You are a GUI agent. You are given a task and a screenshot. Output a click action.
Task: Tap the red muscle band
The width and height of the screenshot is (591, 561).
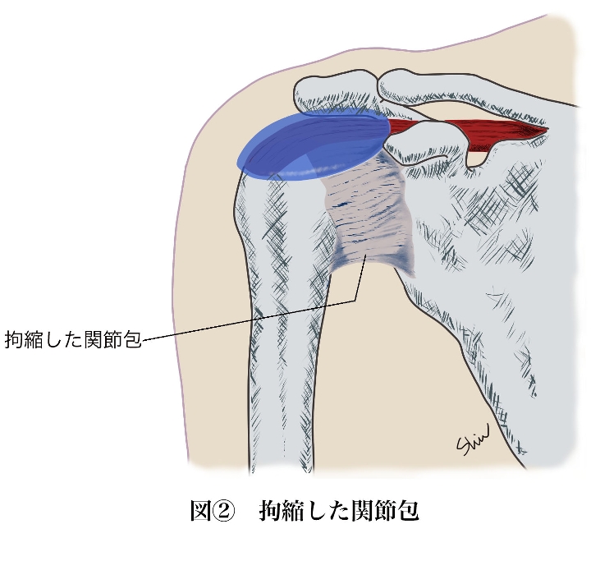pos(467,130)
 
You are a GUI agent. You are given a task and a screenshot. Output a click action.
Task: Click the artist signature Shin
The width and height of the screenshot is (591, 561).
pos(473,440)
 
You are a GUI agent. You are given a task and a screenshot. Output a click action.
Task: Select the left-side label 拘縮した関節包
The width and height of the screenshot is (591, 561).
pos(73,339)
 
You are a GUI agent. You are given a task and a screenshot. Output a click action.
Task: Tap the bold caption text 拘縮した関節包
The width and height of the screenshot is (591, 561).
pos(339,511)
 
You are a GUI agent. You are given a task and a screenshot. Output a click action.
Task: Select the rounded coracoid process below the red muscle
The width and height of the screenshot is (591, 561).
pos(422,144)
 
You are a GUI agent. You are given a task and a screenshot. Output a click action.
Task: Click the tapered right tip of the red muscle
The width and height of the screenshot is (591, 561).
pos(547,130)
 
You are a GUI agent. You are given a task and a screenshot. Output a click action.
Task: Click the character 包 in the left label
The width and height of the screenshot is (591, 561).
pos(132,339)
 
